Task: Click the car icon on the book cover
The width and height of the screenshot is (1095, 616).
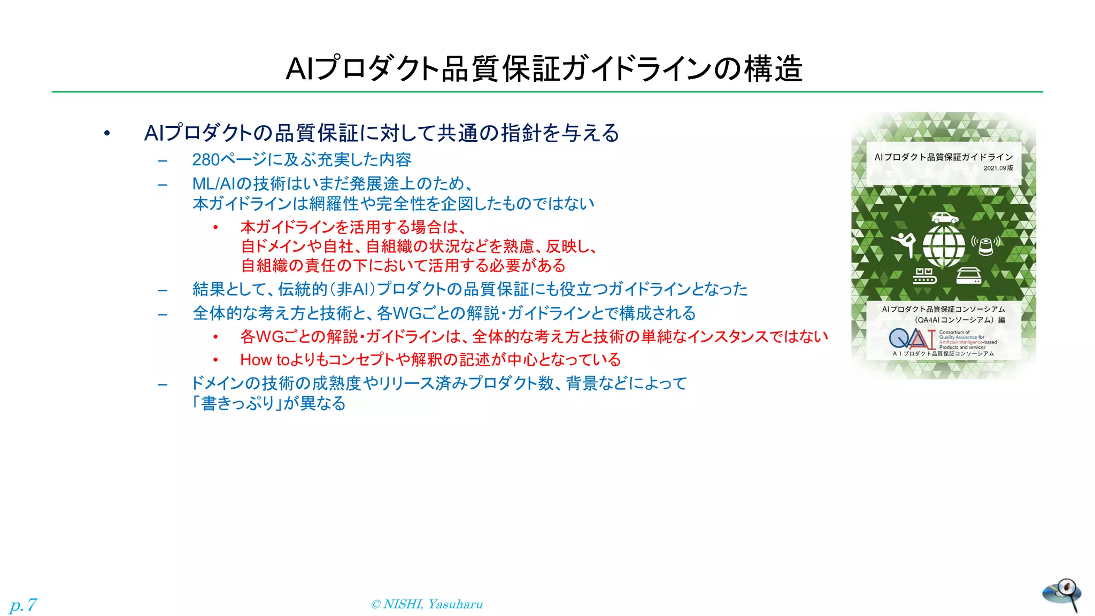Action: tap(945, 218)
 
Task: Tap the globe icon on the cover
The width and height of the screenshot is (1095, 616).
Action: tap(944, 246)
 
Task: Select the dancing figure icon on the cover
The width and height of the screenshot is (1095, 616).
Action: tap(904, 244)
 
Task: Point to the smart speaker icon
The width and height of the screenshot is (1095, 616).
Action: tap(985, 245)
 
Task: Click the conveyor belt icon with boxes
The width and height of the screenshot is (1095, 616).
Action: tap(924, 275)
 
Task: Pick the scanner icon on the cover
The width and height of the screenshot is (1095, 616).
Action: tap(968, 275)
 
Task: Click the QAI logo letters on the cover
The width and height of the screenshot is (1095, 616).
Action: tap(912, 339)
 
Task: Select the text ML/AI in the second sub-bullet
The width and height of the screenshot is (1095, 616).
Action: tap(213, 184)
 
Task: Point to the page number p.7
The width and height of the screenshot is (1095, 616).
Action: tap(23, 605)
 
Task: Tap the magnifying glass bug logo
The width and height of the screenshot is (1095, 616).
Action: tap(1062, 594)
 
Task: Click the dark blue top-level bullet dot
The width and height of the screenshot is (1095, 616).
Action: tap(107, 133)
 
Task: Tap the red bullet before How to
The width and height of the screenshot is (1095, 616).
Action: tap(215, 360)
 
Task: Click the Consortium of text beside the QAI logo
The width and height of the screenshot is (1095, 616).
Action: tap(954, 332)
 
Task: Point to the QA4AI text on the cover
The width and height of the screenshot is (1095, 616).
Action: tap(928, 320)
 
